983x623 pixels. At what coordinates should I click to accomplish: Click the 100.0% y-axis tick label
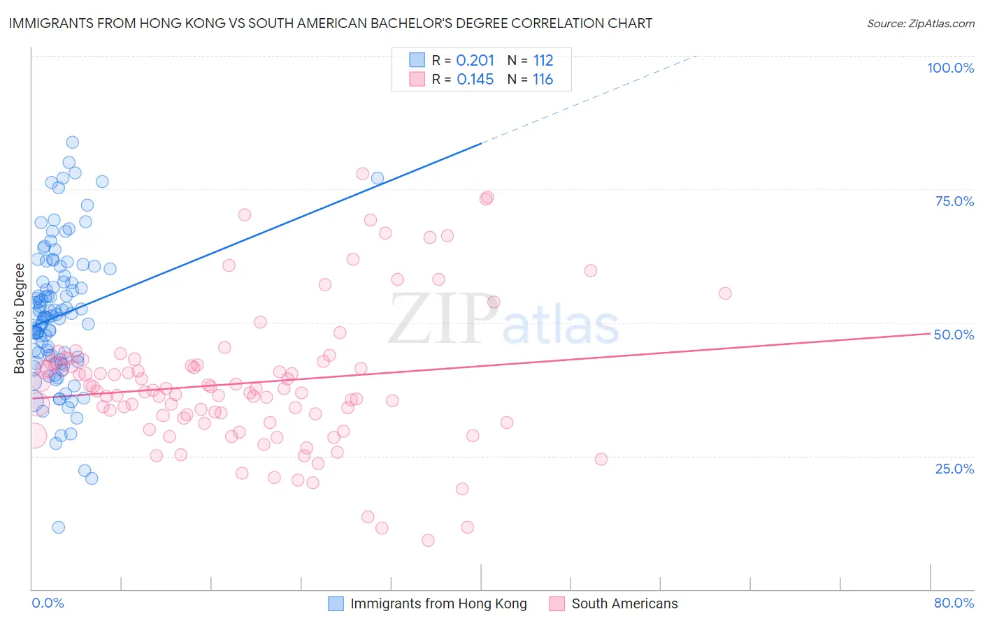tap(950, 68)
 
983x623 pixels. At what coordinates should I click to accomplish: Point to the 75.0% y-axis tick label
tap(954, 201)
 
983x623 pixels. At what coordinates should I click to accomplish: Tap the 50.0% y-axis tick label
tap(954, 335)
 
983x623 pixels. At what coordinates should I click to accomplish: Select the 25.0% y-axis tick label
tap(954, 469)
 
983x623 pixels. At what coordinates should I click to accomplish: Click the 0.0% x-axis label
tap(48, 603)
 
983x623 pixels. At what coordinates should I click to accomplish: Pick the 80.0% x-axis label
tap(954, 603)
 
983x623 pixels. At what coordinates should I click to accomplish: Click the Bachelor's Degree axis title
tap(19, 318)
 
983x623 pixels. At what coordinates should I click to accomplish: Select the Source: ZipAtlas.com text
tap(920, 24)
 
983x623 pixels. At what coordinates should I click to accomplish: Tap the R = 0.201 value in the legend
tap(463, 60)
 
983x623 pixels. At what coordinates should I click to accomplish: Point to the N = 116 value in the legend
tap(530, 80)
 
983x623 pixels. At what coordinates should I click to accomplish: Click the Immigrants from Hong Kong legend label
tap(438, 603)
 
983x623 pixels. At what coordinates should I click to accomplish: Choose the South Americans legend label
tap(624, 603)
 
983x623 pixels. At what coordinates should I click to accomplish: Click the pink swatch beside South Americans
tap(557, 603)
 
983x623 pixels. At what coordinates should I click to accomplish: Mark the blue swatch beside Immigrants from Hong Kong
tap(336, 603)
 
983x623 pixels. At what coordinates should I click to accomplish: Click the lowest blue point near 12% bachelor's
tap(59, 527)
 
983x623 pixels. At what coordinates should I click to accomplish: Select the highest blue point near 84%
tap(72, 142)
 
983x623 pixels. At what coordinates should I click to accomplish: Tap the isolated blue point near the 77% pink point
tap(378, 178)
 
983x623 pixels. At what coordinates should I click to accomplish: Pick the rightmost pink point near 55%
tap(725, 293)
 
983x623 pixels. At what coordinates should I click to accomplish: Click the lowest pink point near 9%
tap(428, 540)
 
